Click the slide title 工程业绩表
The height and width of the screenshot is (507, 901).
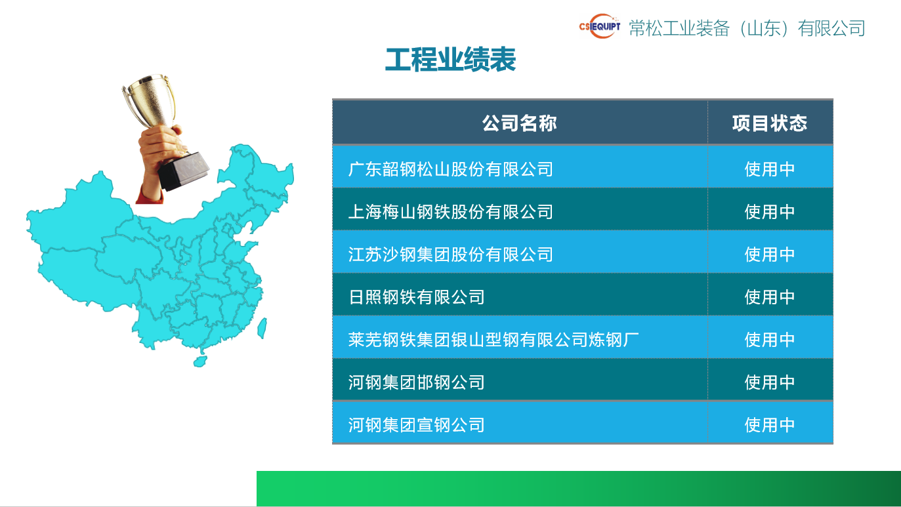450,60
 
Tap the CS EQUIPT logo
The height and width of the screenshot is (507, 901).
599,27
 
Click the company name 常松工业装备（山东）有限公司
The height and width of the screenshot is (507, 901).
747,28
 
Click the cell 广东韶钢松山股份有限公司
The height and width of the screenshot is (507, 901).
451,169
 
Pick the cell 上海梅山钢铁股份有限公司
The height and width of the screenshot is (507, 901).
451,212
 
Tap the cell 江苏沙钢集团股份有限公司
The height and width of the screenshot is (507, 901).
451,254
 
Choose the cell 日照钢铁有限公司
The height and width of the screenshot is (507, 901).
417,297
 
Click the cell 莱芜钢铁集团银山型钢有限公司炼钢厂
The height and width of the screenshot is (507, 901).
493,340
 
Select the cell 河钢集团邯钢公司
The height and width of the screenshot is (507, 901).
417,382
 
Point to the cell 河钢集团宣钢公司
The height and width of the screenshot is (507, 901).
417,425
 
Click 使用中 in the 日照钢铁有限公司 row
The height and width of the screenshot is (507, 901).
769,297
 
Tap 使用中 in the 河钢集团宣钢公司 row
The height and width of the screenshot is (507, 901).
769,425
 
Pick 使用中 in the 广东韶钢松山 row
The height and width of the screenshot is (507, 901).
769,169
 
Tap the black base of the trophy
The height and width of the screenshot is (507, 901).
184,171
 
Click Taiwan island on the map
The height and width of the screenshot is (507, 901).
261,327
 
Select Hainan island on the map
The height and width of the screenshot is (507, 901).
201,361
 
